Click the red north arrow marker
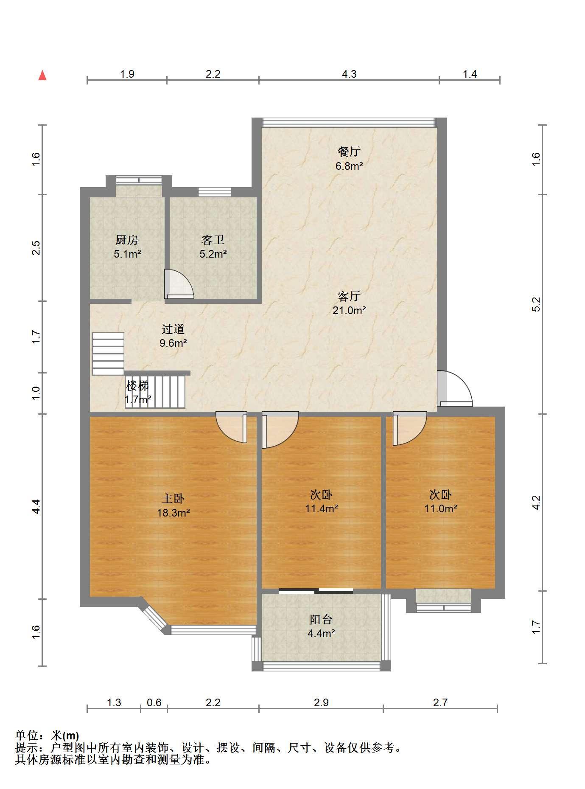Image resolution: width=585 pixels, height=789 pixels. (42, 76)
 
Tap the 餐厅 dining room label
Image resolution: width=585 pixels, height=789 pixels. (349, 152)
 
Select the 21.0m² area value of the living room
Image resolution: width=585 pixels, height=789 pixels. (349, 310)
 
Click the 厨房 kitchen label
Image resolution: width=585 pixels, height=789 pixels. (127, 240)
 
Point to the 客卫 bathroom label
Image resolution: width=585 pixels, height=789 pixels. (213, 240)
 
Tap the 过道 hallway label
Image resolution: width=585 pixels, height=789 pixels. (173, 329)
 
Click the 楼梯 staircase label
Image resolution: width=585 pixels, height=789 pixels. (137, 386)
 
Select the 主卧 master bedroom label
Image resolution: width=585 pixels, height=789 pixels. (173, 498)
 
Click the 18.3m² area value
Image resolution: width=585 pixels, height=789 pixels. (173, 513)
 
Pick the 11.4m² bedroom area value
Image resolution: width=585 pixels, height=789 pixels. (321, 508)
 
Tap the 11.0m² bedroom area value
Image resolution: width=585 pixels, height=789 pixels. (440, 508)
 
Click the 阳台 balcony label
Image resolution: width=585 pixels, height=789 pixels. (321, 620)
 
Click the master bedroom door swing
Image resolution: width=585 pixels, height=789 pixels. (232, 428)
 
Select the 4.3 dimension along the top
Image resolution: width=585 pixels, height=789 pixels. (349, 74)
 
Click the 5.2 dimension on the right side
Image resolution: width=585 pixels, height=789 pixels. (536, 304)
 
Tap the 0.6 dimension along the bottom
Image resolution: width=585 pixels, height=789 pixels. (154, 703)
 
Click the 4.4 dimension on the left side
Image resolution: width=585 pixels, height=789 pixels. (36, 507)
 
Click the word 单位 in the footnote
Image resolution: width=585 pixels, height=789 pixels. (26, 736)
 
